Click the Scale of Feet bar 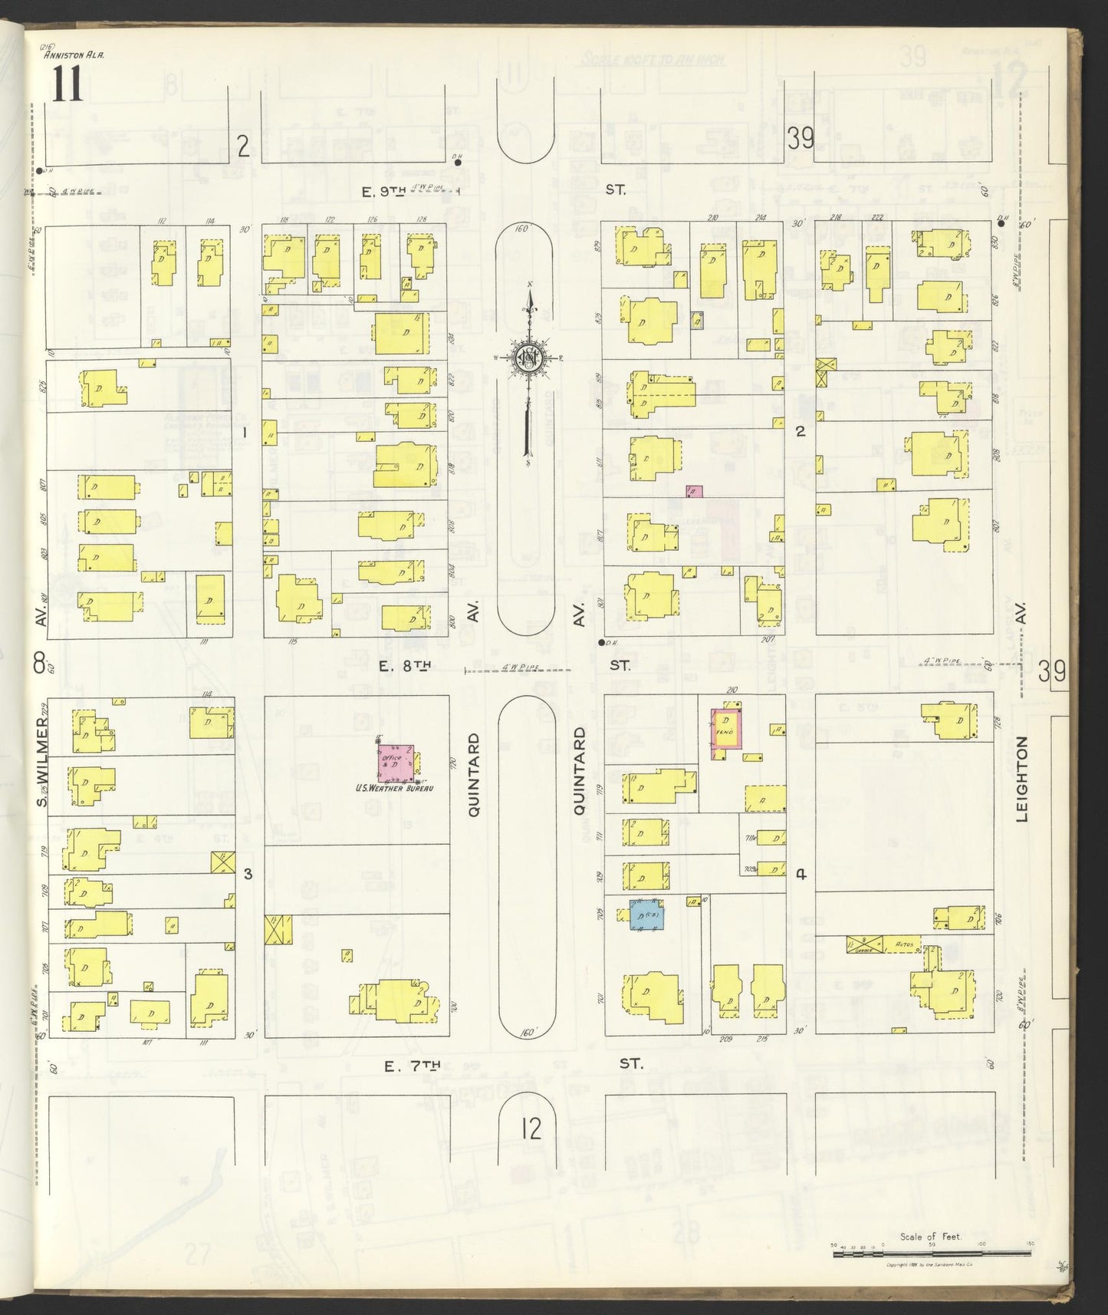[932, 1254]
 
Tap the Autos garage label [906, 945]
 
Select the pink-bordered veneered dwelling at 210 [727, 732]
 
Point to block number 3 [247, 873]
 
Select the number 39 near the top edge [800, 139]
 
